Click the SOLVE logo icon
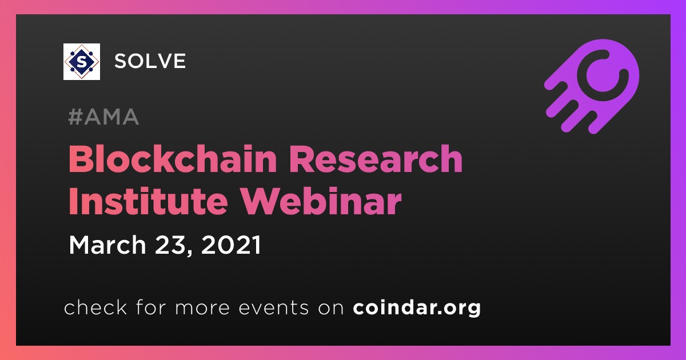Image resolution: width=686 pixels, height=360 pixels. click(x=81, y=62)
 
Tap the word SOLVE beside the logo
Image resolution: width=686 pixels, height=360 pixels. click(x=150, y=61)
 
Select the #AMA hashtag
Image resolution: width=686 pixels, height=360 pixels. click(x=103, y=117)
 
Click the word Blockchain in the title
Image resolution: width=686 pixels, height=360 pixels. click(x=173, y=159)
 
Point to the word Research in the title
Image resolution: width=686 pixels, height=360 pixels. click(x=376, y=159)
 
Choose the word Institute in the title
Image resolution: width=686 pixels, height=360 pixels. click(x=148, y=201)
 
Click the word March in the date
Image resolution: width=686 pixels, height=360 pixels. click(x=107, y=245)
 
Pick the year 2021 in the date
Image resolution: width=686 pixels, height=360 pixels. click(x=231, y=245)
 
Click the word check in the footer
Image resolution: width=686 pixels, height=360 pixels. click(x=95, y=307)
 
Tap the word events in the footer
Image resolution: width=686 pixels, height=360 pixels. click(x=273, y=308)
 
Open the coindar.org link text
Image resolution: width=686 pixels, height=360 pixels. click(x=417, y=308)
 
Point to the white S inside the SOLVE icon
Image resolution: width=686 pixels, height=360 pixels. click(x=81, y=62)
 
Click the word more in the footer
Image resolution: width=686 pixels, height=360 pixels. click(x=202, y=309)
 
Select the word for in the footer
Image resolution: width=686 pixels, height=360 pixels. click(x=151, y=307)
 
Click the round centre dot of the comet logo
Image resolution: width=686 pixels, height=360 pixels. click(x=601, y=75)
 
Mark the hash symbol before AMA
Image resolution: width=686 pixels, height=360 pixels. click(x=75, y=117)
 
